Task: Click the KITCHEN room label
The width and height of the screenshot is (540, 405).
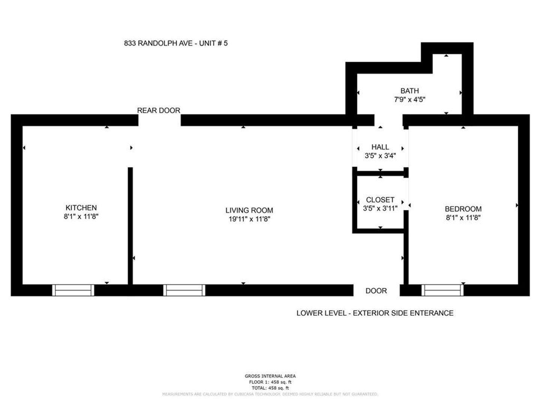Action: click(81, 208)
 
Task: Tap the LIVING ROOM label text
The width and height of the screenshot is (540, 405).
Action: click(249, 210)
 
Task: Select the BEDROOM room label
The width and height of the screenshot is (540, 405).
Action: click(463, 209)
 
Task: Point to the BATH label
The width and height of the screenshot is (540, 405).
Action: click(409, 91)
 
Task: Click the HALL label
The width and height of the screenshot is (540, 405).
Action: click(380, 147)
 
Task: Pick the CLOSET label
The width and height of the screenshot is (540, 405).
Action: click(380, 199)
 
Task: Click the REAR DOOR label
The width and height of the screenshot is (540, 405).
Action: click(158, 110)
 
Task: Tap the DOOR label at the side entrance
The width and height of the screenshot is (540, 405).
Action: click(376, 291)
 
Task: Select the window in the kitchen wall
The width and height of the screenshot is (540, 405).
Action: click(73, 290)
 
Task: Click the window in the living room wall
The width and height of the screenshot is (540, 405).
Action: click(184, 290)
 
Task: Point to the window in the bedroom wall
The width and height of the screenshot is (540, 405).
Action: click(442, 290)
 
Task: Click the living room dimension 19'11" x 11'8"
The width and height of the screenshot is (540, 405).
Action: click(249, 219)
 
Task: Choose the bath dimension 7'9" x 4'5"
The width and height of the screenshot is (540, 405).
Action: click(409, 100)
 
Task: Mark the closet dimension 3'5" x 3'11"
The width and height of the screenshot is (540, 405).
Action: click(380, 208)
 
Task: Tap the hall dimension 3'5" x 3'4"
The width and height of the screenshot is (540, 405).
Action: click(380, 156)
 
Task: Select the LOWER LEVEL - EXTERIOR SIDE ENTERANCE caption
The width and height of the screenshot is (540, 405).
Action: click(375, 313)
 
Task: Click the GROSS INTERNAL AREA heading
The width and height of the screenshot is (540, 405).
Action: click(270, 376)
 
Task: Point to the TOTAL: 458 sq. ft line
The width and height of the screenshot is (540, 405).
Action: click(270, 388)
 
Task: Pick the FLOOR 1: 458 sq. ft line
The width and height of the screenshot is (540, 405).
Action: click(270, 382)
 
